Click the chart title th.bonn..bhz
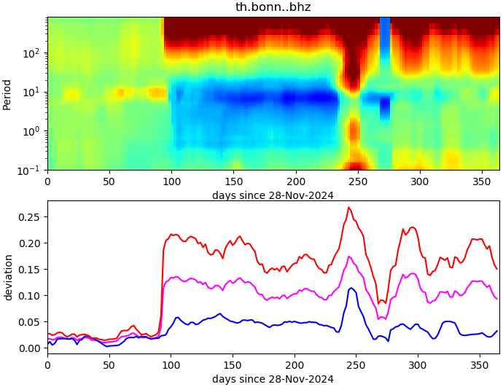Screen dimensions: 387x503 (273, 7)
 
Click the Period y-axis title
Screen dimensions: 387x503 (7, 94)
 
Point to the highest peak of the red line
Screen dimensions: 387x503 (348, 208)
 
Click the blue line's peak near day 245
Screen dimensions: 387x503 (351, 288)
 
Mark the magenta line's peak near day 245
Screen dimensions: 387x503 (349, 257)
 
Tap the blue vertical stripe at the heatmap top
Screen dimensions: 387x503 (385, 29)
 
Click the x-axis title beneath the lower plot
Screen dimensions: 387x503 (273, 379)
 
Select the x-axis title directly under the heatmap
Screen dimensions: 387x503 (273, 195)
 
